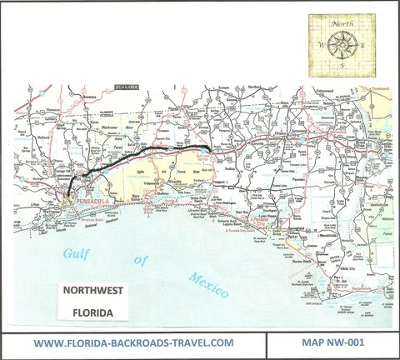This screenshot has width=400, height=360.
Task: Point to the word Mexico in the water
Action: tap(207, 287)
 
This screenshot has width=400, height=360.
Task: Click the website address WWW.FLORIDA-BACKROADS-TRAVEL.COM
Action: tap(132, 342)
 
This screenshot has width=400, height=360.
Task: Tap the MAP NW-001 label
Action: tap(332, 342)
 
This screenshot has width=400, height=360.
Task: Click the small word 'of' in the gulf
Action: tap(142, 261)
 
